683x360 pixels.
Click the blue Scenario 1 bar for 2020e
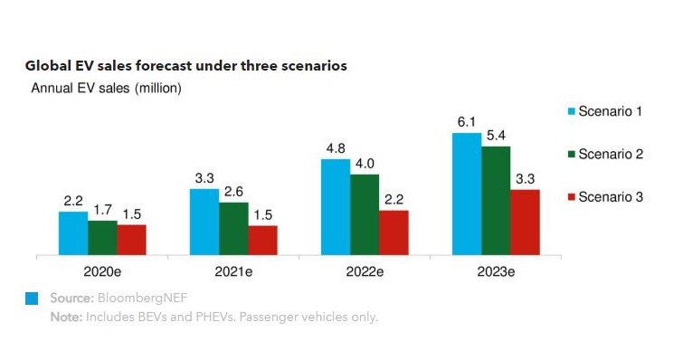tap(73, 233)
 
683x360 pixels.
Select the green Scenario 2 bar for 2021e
tap(233, 229)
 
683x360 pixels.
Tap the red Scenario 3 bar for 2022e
tap(394, 232)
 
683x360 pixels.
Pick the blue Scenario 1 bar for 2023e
tap(467, 194)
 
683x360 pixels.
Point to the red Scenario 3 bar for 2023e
tap(526, 223)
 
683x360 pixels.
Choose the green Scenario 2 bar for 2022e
tap(365, 215)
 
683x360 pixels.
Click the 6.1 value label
tap(467, 122)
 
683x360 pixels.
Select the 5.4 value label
tap(496, 136)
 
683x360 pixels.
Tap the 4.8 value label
tap(336, 148)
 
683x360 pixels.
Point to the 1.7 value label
tap(103, 210)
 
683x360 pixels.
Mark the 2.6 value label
tap(234, 192)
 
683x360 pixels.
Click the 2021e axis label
tap(233, 272)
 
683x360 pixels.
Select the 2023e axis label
tap(496, 272)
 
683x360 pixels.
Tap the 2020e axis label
tap(102, 272)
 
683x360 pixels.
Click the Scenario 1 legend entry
tap(605, 111)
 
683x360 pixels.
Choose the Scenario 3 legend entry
tap(605, 197)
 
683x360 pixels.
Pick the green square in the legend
tap(572, 154)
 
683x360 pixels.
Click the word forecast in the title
tap(163, 66)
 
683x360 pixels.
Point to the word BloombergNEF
tap(142, 298)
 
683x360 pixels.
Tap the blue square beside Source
tap(32, 298)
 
